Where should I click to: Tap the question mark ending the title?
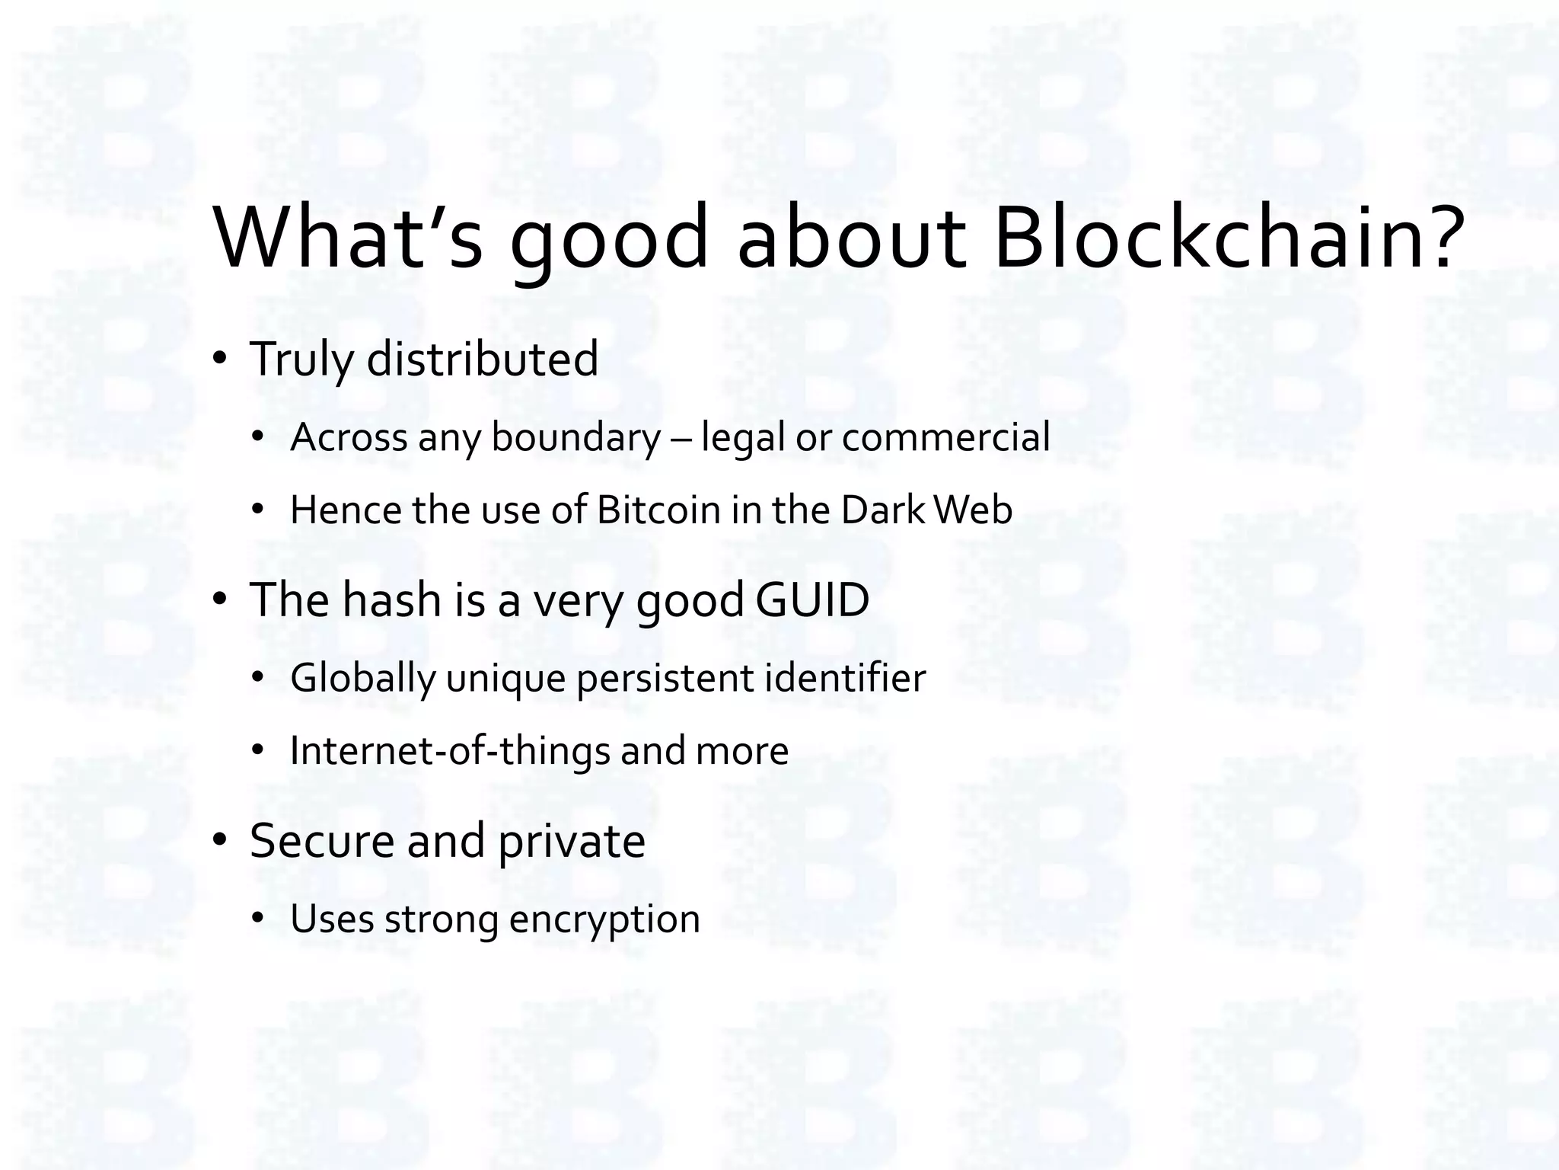(1440, 238)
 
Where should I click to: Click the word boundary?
(576, 438)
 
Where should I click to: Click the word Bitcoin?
(658, 510)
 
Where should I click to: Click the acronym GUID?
(812, 599)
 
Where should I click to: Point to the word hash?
(391, 599)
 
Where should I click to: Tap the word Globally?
(362, 679)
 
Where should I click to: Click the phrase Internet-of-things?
(450, 751)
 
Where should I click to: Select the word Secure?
(320, 841)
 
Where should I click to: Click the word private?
(572, 842)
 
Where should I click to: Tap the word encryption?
(604, 920)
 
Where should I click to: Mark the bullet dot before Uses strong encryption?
(258, 919)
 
